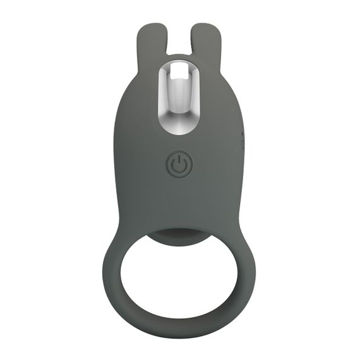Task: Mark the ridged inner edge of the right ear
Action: (x=195, y=44)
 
